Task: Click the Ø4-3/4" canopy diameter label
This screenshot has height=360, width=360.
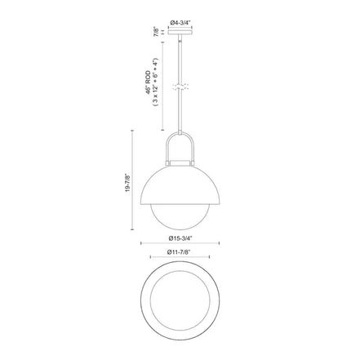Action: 180,23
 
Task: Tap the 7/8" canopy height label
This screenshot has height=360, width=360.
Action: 156,32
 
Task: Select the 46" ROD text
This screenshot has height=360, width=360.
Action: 149,82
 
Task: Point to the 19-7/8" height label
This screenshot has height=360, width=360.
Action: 128,183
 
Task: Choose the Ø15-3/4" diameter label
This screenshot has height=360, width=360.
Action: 180,238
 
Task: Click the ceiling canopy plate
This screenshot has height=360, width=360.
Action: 180,33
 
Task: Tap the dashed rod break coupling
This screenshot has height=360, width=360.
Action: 180,87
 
